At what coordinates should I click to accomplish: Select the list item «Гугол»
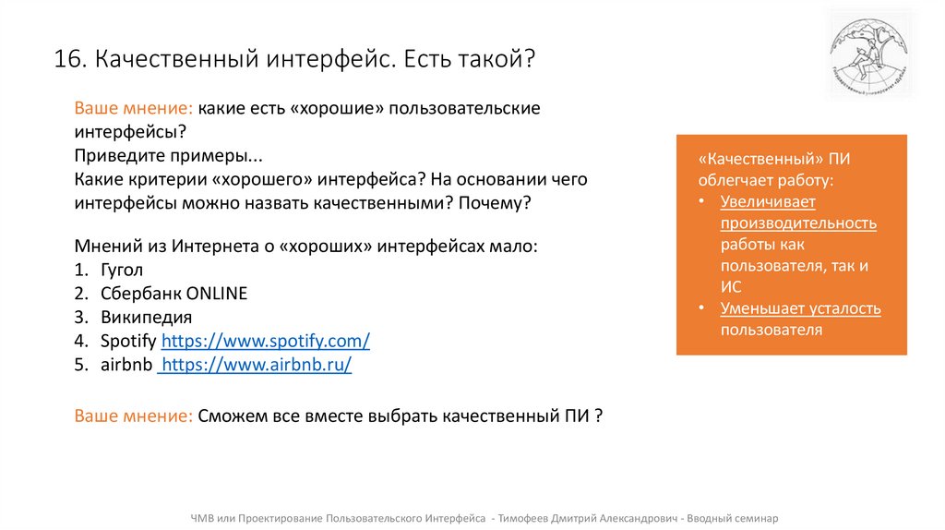pos(122,271)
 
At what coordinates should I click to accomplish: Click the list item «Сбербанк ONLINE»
pos(173,294)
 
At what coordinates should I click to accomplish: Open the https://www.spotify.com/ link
pos(266,341)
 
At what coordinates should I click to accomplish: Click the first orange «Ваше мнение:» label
pos(134,108)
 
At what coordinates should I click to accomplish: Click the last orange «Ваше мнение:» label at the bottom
pos(134,416)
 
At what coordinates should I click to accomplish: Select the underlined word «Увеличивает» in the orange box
pos(768,201)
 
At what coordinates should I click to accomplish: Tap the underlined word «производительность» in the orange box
pos(798,223)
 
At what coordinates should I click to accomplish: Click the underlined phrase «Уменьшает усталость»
pos(800,308)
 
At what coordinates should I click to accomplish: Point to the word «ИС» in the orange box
pos(731,287)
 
